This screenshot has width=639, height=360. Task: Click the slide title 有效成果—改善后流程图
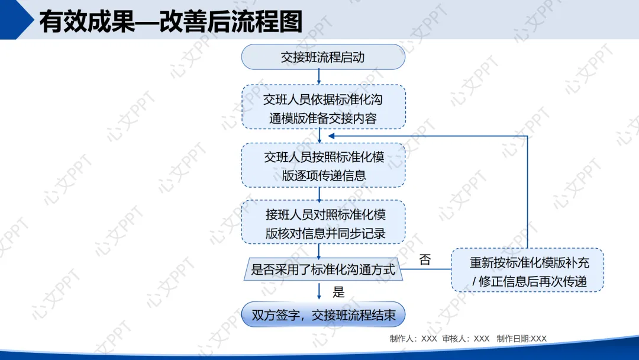[170, 21]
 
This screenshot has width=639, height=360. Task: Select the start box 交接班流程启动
[323, 57]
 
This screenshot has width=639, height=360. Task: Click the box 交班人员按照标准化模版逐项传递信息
[323, 165]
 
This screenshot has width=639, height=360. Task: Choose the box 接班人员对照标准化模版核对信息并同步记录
[323, 222]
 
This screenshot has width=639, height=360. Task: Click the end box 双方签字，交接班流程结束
[323, 315]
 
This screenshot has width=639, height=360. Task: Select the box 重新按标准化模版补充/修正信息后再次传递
[527, 270]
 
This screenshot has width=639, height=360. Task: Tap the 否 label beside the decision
[425, 259]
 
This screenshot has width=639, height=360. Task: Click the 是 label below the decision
[338, 291]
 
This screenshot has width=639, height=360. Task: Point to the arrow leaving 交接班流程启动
[319, 76]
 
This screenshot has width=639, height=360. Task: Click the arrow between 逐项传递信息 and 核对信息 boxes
[319, 194]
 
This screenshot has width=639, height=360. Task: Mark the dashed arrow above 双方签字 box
[319, 291]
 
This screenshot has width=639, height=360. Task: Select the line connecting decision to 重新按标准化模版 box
[426, 270]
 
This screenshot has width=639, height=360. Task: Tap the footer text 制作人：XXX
[413, 339]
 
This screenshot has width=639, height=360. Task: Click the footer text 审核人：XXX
[466, 339]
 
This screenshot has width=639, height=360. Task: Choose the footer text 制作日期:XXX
[522, 339]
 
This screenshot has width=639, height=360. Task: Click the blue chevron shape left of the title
[17, 19]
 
